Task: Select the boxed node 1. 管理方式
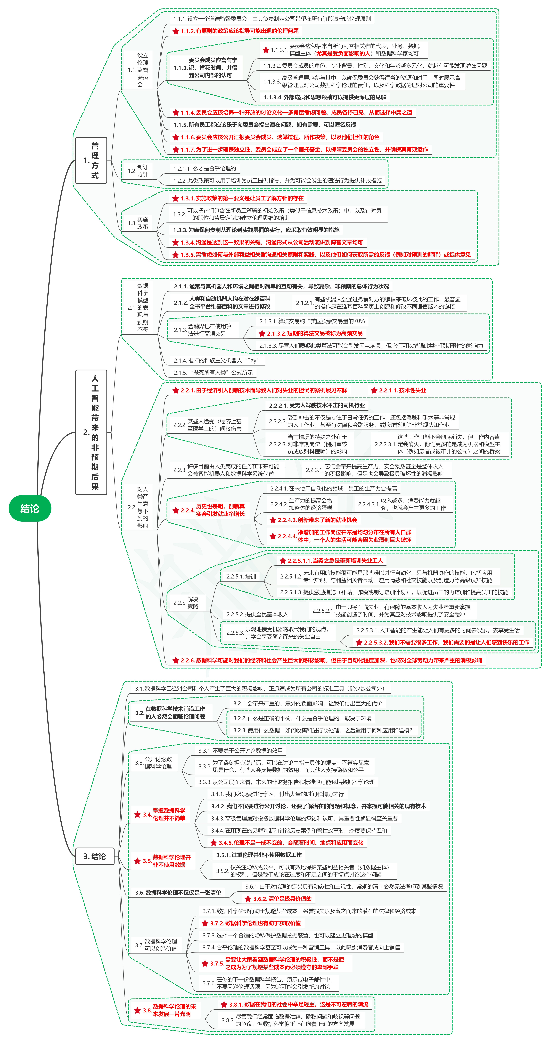[91, 160]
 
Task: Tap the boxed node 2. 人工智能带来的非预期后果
[91, 432]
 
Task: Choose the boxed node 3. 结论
[94, 856]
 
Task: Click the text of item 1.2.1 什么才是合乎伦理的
[205, 168]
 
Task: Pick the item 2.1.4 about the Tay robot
[216, 360]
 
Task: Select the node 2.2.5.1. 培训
[241, 577]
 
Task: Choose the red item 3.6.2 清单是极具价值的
[278, 899]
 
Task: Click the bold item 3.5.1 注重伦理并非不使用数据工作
[259, 855]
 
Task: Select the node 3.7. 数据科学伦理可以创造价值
[156, 945]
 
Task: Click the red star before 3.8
[137, 1011]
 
